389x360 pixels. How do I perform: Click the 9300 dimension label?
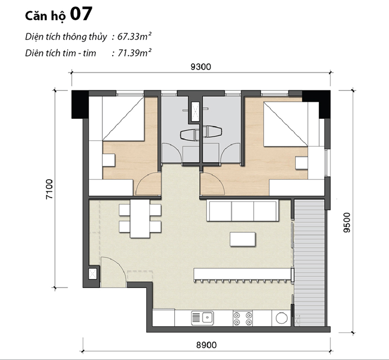tap(201, 67)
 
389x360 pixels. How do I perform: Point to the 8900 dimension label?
tap(207, 345)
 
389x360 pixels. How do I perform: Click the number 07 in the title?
tap(80, 14)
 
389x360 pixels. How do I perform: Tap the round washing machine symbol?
tap(281, 318)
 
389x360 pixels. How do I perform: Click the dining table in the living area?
tap(140, 219)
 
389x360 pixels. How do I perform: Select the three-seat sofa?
tap(241, 210)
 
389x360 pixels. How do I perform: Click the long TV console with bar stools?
tap(242, 274)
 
